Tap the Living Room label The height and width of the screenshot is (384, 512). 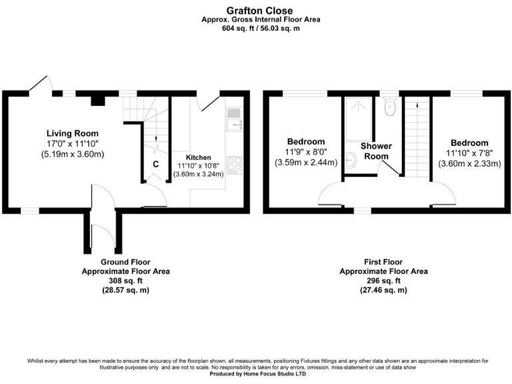point(73,132)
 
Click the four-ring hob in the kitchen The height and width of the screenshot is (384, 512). point(235,163)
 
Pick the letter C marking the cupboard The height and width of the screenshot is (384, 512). point(155,164)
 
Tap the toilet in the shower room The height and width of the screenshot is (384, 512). point(390,107)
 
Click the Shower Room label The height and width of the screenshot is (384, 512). point(376,150)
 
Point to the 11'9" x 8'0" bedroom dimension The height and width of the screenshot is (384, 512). point(306,153)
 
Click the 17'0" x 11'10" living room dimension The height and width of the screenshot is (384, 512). point(73,143)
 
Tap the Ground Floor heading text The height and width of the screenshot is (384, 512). point(125,262)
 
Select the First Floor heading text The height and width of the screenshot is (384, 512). point(383,262)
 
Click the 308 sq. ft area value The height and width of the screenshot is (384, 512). point(125,281)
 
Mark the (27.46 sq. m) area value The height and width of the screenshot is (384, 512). point(383,291)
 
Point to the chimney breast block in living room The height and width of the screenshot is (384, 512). point(99,100)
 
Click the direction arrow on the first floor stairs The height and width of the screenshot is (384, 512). point(417,104)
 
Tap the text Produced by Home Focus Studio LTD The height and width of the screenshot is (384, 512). point(255,374)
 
